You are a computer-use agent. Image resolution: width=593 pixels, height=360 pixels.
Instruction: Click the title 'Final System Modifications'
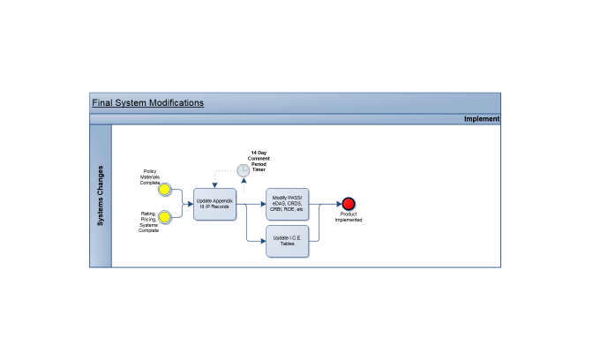click(147, 102)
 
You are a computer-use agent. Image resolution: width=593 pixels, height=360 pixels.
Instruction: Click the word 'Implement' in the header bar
click(482, 119)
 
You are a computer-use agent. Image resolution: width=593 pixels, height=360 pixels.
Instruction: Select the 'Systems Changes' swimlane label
click(101, 196)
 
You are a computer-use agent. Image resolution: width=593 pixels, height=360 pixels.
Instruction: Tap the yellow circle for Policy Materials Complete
click(164, 190)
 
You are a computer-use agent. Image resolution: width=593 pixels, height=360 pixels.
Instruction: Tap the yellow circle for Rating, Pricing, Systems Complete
click(164, 216)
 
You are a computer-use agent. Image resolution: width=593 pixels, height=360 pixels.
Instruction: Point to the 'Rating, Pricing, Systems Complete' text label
click(149, 221)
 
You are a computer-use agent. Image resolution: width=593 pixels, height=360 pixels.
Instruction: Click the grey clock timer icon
click(244, 169)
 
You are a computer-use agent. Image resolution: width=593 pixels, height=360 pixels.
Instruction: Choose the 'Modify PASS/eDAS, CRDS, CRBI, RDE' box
click(288, 204)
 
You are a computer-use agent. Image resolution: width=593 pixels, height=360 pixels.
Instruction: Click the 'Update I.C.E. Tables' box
click(288, 241)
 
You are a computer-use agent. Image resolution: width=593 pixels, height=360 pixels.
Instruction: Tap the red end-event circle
click(349, 204)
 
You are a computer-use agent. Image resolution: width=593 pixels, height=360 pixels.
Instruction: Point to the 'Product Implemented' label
click(349, 217)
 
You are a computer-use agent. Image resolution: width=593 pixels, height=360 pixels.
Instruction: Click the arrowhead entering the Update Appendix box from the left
click(190, 204)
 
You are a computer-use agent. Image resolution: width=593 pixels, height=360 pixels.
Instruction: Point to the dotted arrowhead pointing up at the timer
click(244, 180)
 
